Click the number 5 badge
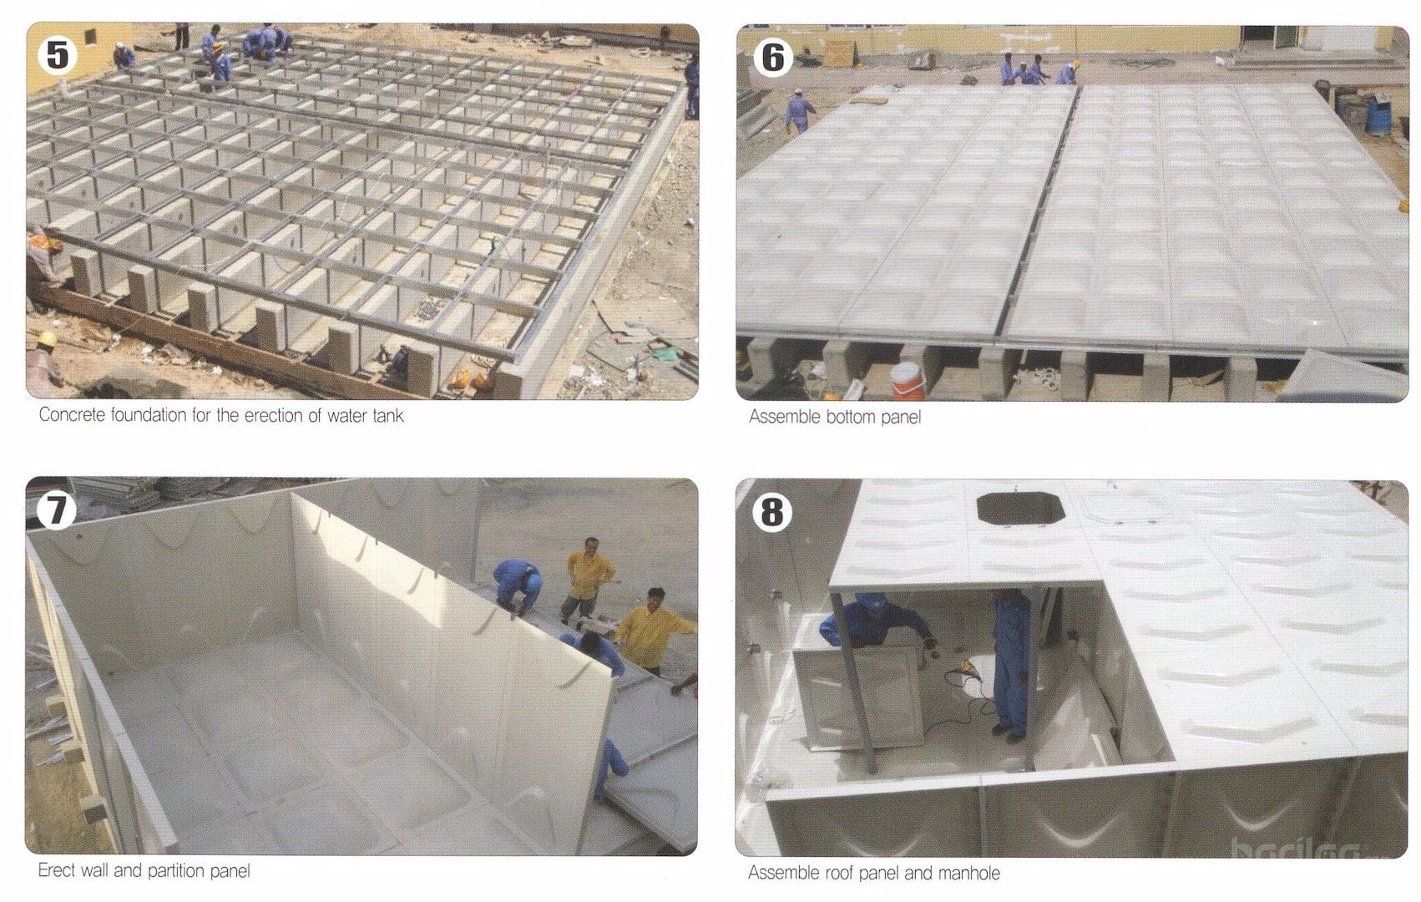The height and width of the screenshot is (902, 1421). [57, 54]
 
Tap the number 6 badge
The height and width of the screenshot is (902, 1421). [772, 57]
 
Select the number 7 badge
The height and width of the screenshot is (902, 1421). [57, 509]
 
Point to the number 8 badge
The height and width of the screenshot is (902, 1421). [772, 512]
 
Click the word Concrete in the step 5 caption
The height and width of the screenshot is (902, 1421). [73, 415]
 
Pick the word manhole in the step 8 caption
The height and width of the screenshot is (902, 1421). [968, 874]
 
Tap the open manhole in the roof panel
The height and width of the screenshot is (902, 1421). [1020, 509]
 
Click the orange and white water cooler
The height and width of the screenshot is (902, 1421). [908, 380]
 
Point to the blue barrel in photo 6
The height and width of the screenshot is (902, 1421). [1378, 116]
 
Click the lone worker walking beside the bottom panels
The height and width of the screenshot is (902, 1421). [800, 110]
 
